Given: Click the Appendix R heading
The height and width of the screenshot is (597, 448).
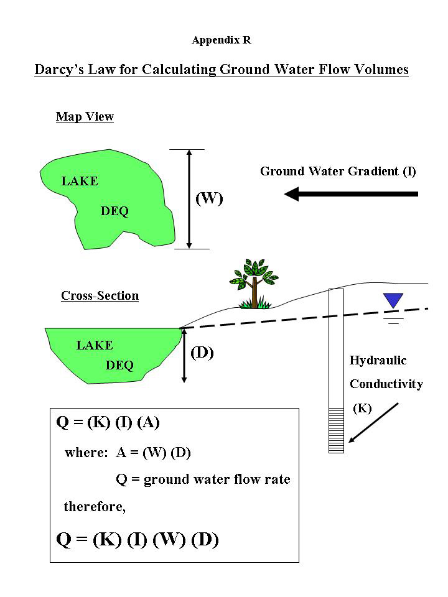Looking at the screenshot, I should pos(222,40).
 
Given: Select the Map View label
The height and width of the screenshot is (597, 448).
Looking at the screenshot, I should pos(85,117).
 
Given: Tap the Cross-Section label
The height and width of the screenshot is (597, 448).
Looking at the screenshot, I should pos(100,296).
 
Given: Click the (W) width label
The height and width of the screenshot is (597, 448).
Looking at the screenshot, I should pos(209,199).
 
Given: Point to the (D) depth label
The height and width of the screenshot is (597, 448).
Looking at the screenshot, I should pos(202,353).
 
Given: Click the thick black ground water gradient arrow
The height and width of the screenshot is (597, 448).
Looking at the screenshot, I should pos(351,194).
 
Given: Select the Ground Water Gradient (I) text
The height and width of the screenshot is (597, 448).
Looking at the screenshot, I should pos(338,171).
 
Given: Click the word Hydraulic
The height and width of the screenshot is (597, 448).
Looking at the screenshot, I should pos(378,360).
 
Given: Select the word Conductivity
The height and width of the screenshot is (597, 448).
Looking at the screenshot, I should pos(386,384).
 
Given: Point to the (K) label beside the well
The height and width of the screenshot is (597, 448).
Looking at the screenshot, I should pos(362,409).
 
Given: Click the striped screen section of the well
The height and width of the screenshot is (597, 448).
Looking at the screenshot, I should pos(336,429).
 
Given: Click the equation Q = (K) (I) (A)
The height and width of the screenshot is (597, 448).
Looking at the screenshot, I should pos(108,422).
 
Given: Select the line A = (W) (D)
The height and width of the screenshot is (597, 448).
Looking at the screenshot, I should pos(153,453).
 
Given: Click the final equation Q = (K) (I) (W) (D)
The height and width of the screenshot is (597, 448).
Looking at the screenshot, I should pos(138,539).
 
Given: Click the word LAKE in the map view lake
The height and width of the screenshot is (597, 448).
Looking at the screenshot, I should pos(80,182).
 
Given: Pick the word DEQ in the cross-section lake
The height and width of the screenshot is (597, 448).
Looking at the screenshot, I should pos(119,366).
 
